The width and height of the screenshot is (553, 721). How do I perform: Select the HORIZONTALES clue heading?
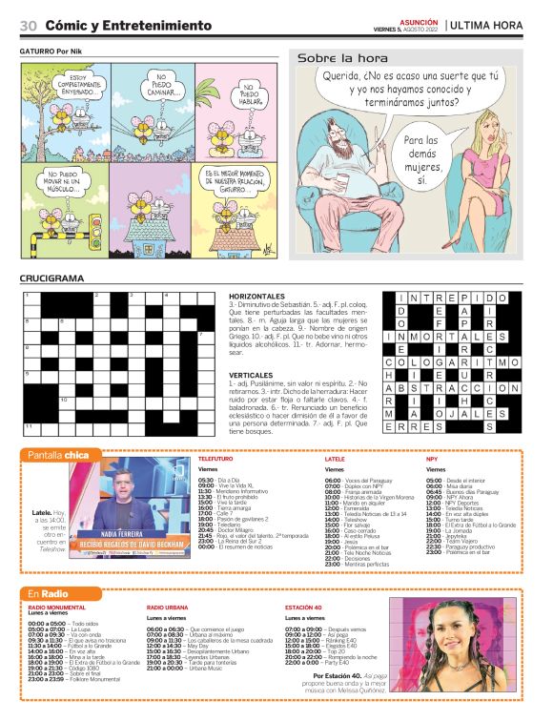[x=257, y=297]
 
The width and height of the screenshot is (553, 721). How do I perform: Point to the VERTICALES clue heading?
[x=252, y=376]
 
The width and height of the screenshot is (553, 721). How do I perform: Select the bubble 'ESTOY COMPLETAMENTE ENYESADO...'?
[x=65, y=84]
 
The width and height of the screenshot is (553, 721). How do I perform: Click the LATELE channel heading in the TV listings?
[x=335, y=459]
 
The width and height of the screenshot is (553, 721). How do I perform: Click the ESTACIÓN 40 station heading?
[x=309, y=608]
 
